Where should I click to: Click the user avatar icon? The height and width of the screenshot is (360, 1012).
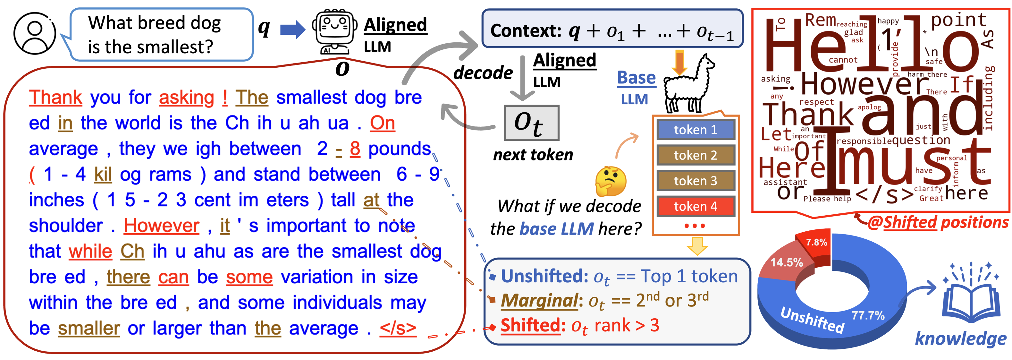pyautogui.click(x=35, y=33)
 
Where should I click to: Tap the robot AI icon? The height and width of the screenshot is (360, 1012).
pyautogui.click(x=335, y=31)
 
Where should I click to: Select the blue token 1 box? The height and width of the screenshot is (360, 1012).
pyautogui.click(x=696, y=130)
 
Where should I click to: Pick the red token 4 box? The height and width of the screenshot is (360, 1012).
pyautogui.click(x=696, y=206)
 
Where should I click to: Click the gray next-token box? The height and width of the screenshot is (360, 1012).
pyautogui.click(x=531, y=123)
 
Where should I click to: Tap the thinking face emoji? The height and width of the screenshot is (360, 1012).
pyautogui.click(x=611, y=181)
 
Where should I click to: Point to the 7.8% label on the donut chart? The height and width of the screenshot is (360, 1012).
pyautogui.click(x=816, y=243)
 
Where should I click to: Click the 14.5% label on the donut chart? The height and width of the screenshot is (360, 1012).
pyautogui.click(x=787, y=262)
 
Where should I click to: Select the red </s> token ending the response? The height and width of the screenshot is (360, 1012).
pyautogui.click(x=398, y=328)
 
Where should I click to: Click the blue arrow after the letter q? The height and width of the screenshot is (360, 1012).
pyautogui.click(x=292, y=30)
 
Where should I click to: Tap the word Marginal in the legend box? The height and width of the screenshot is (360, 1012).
pyautogui.click(x=539, y=301)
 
